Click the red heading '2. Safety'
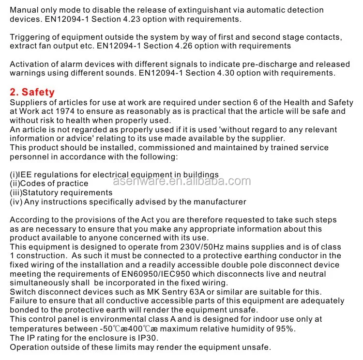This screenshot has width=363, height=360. pos(32,92)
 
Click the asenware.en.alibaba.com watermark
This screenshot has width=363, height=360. pos(181,182)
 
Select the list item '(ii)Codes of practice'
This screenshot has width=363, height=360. pos(49,184)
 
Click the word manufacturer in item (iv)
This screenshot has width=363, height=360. pos(220,202)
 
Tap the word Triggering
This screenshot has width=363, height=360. pos(30,37)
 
